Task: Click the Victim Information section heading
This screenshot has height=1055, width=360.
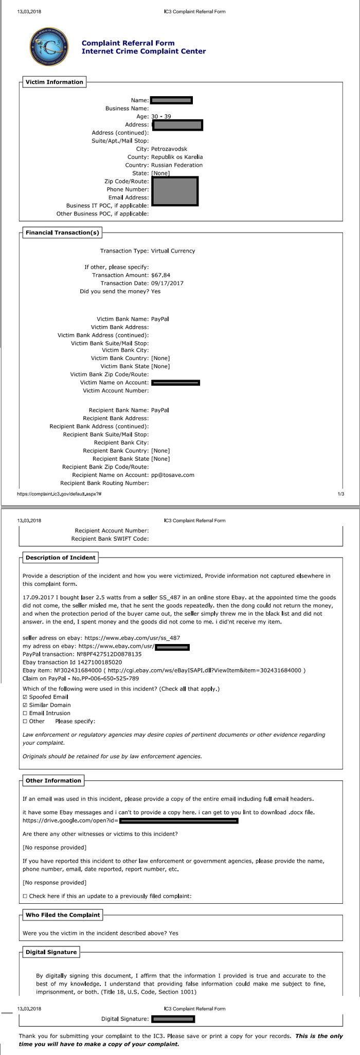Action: (x=54, y=82)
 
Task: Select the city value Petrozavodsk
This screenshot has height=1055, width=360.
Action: (x=169, y=149)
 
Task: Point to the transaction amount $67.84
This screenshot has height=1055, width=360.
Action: (x=160, y=275)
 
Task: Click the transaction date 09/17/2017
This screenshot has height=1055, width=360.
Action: (x=167, y=283)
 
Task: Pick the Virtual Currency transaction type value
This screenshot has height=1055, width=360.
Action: (x=173, y=251)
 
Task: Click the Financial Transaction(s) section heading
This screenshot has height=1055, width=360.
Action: (x=62, y=233)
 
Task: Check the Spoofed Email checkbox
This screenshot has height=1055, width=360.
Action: (x=26, y=697)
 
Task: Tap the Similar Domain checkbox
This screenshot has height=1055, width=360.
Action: (x=26, y=705)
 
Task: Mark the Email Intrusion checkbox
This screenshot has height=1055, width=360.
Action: (x=26, y=713)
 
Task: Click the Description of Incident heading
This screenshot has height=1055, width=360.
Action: (x=60, y=558)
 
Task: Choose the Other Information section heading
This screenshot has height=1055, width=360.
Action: (x=53, y=781)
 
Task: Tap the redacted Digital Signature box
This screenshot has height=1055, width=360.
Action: (x=173, y=1018)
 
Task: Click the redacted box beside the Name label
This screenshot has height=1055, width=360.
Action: (x=171, y=100)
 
